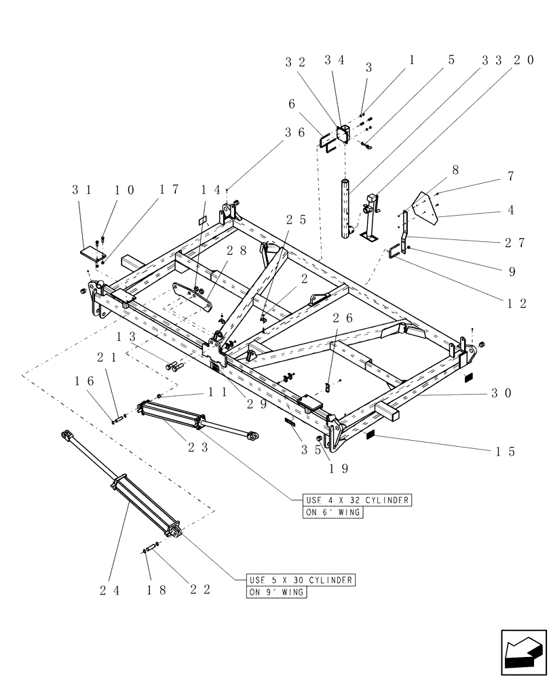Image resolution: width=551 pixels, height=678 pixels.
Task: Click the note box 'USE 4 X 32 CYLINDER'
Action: tap(351, 500)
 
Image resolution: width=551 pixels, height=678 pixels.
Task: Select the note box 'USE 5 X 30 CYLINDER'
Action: tap(301, 580)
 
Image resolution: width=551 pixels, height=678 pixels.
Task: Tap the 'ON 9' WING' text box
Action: tap(277, 593)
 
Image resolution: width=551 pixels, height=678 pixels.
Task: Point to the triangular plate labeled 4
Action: tap(425, 207)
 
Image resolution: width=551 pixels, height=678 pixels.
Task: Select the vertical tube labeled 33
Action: tap(346, 208)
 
